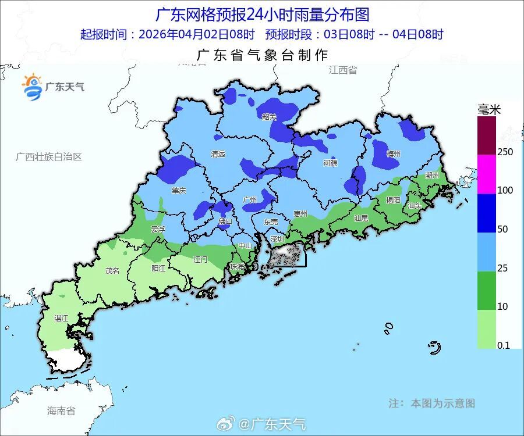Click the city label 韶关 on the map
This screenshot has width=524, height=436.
tap(269, 117)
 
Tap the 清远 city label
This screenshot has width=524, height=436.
tap(218, 154)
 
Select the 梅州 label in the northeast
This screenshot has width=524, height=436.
tap(394, 154)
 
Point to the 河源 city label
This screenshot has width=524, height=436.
tap(330, 163)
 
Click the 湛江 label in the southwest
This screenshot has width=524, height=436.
tap(61, 319)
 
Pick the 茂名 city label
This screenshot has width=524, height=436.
tap(112, 270)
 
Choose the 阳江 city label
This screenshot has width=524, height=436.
tap(158, 269)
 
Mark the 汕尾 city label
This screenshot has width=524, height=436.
tap(361, 219)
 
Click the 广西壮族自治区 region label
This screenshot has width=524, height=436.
tap(49, 157)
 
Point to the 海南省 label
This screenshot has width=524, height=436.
tap(61, 411)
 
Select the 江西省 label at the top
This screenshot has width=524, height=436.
tap(342, 70)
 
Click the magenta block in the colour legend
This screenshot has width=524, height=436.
tap(487, 174)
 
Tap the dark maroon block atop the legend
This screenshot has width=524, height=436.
tap(487, 135)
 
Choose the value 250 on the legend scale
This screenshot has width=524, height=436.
tap(505, 152)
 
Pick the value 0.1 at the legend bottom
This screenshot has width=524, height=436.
tap(504, 345)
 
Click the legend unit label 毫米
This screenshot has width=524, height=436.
tap(489, 109)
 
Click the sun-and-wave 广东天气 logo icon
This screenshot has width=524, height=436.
tap(33, 87)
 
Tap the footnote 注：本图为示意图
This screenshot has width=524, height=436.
tap(431, 403)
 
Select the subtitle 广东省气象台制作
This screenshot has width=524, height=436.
tap(263, 55)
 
